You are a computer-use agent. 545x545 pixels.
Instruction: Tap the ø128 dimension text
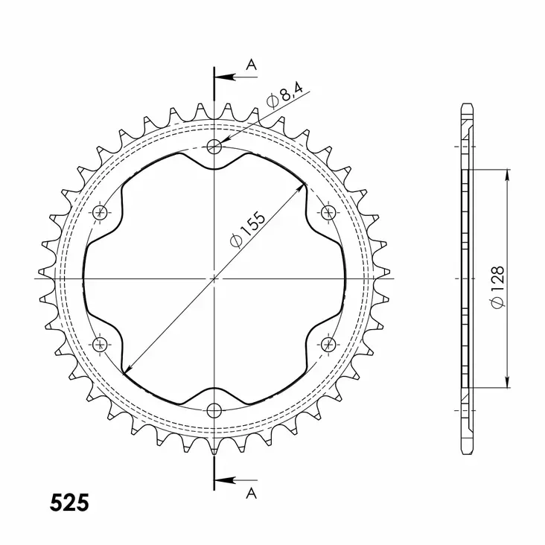click(498, 285)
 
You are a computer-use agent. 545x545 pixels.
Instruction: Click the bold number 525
click(69, 503)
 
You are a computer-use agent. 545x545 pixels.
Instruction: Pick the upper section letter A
click(252, 66)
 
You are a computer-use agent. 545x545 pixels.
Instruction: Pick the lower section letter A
click(252, 493)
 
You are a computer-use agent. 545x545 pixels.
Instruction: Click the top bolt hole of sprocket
click(215, 146)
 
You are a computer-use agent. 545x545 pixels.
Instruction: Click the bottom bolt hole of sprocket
click(215, 409)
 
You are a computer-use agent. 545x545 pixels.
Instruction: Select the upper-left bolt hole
click(101, 213)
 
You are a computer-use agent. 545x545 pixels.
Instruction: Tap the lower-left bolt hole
click(101, 343)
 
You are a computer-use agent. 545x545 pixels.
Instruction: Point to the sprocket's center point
click(215, 278)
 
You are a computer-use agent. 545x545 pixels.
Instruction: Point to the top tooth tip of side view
click(467, 105)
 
